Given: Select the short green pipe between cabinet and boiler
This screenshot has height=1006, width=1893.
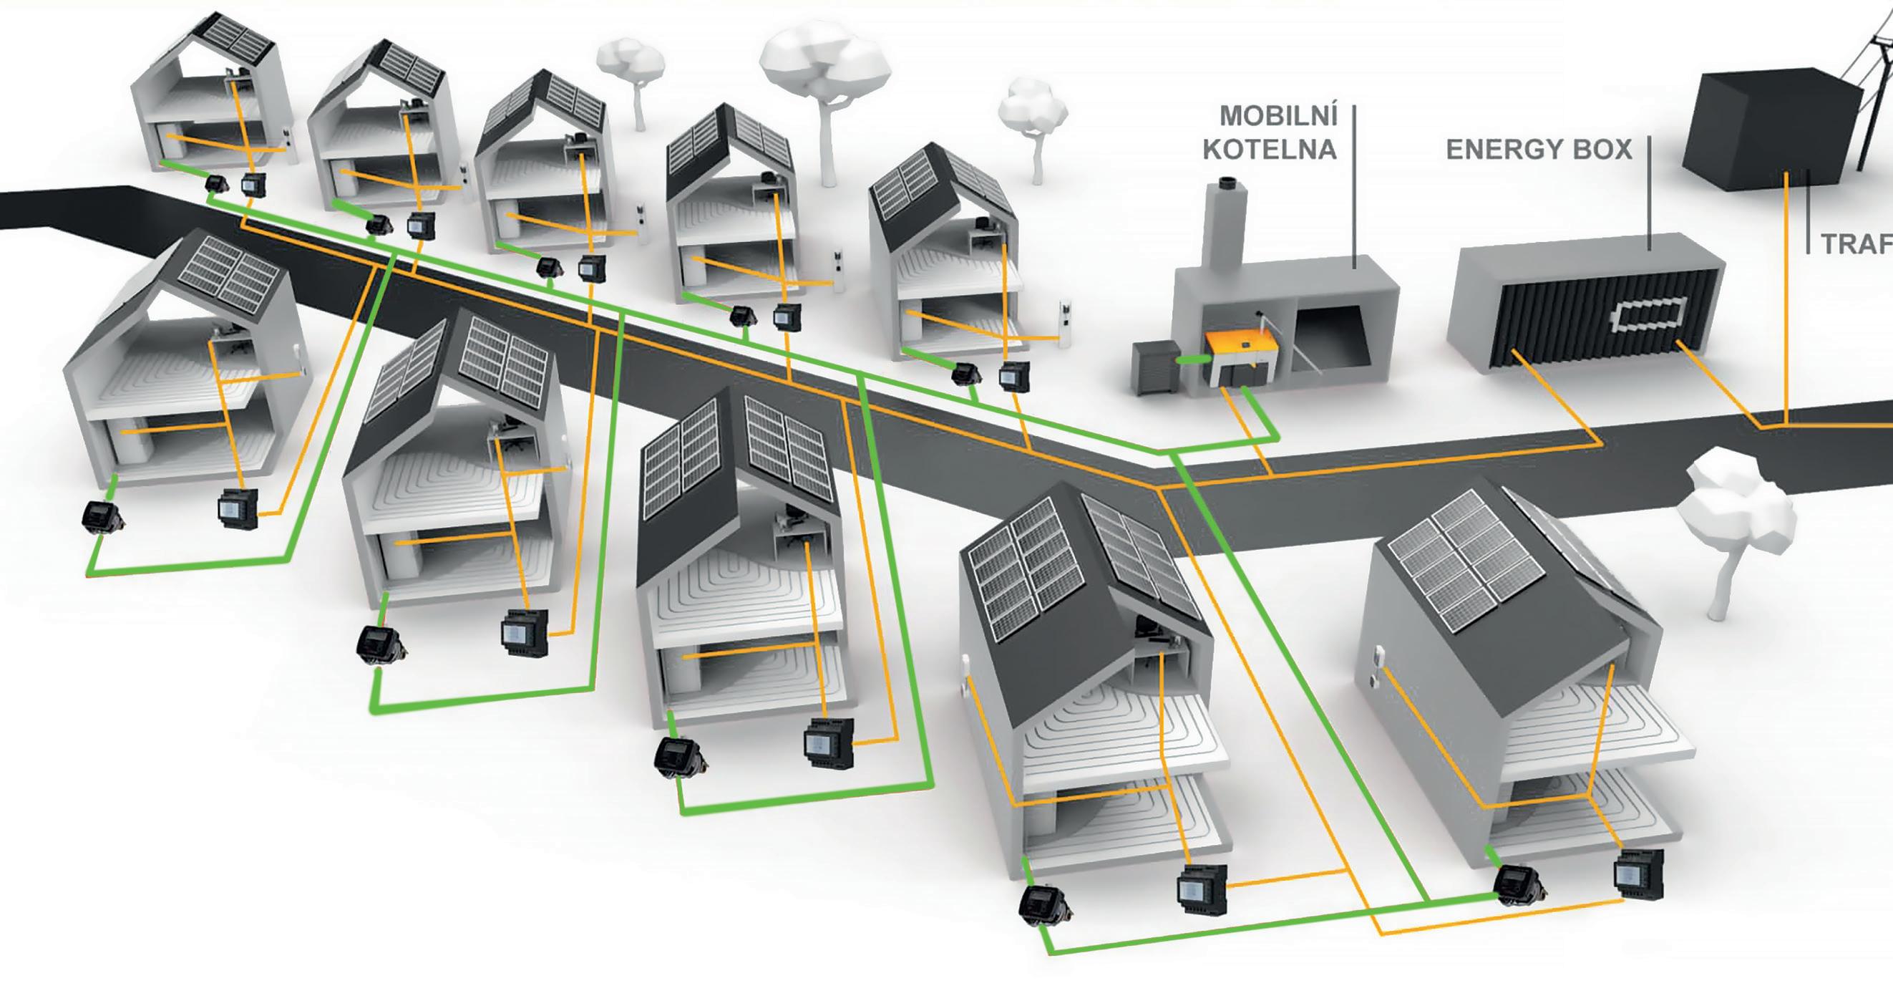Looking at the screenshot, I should pyautogui.click(x=1189, y=360).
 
